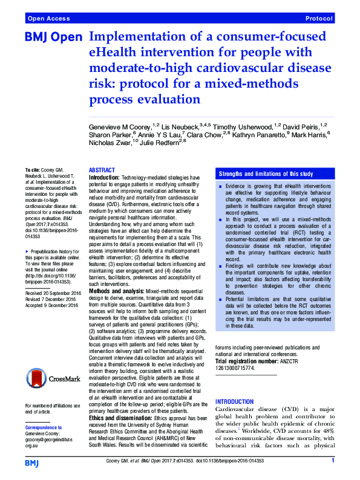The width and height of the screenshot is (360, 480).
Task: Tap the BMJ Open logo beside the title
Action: tap(53, 37)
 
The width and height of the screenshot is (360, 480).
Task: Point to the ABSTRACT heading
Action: tap(102, 170)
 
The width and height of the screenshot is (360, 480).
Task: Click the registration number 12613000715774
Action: tap(235, 368)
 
